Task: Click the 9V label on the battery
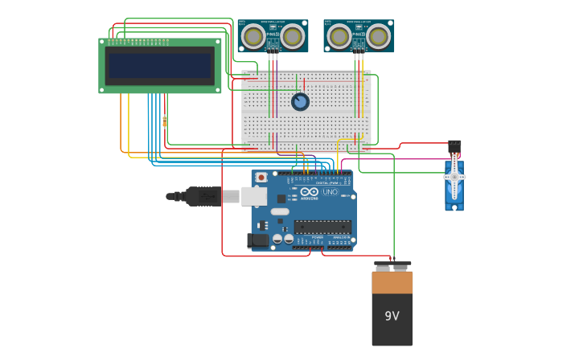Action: pyautogui.click(x=392, y=316)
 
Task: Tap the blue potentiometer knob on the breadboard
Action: pyautogui.click(x=300, y=101)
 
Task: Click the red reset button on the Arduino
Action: pyautogui.click(x=261, y=177)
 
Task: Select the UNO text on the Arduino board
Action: pyautogui.click(x=330, y=192)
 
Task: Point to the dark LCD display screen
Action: pyautogui.click(x=160, y=66)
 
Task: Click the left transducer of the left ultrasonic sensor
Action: pyautogui.click(x=254, y=36)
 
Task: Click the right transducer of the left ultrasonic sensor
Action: pyautogui.click(x=292, y=36)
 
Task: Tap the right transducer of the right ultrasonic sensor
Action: pyautogui.click(x=378, y=36)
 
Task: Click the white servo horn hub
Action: pyautogui.click(x=454, y=176)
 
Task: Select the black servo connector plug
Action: pyautogui.click(x=454, y=145)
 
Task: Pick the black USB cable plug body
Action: pyautogui.click(x=203, y=196)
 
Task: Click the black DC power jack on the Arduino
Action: pyautogui.click(x=257, y=239)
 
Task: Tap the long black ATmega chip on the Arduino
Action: pyautogui.click(x=322, y=227)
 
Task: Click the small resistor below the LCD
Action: pyautogui.click(x=165, y=121)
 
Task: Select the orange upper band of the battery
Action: pyautogui.click(x=392, y=282)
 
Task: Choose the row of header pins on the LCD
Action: pyautogui.click(x=138, y=41)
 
